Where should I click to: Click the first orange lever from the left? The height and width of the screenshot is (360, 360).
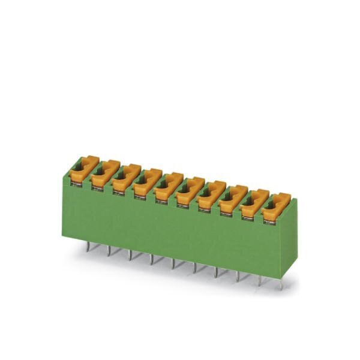point(83,169)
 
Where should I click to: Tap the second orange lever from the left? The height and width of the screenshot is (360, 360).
point(105,173)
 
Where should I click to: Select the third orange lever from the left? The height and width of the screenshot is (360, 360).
point(126,177)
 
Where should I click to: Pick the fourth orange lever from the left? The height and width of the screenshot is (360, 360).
point(148,181)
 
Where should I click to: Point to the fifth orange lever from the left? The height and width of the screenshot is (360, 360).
point(169,185)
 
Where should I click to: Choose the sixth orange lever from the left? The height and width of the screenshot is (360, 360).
point(190,190)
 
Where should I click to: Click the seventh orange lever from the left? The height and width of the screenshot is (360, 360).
point(211,194)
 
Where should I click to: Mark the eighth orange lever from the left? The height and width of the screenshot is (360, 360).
point(233,198)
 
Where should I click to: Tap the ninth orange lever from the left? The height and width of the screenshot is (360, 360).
point(254,202)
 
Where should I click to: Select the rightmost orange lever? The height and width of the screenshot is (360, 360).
point(276,206)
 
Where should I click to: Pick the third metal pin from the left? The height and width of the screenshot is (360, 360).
point(130,254)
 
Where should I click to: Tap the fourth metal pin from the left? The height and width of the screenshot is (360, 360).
point(152,259)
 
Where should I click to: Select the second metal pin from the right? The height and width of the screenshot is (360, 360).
point(260,280)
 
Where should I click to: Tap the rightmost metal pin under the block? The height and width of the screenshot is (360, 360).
point(281,284)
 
